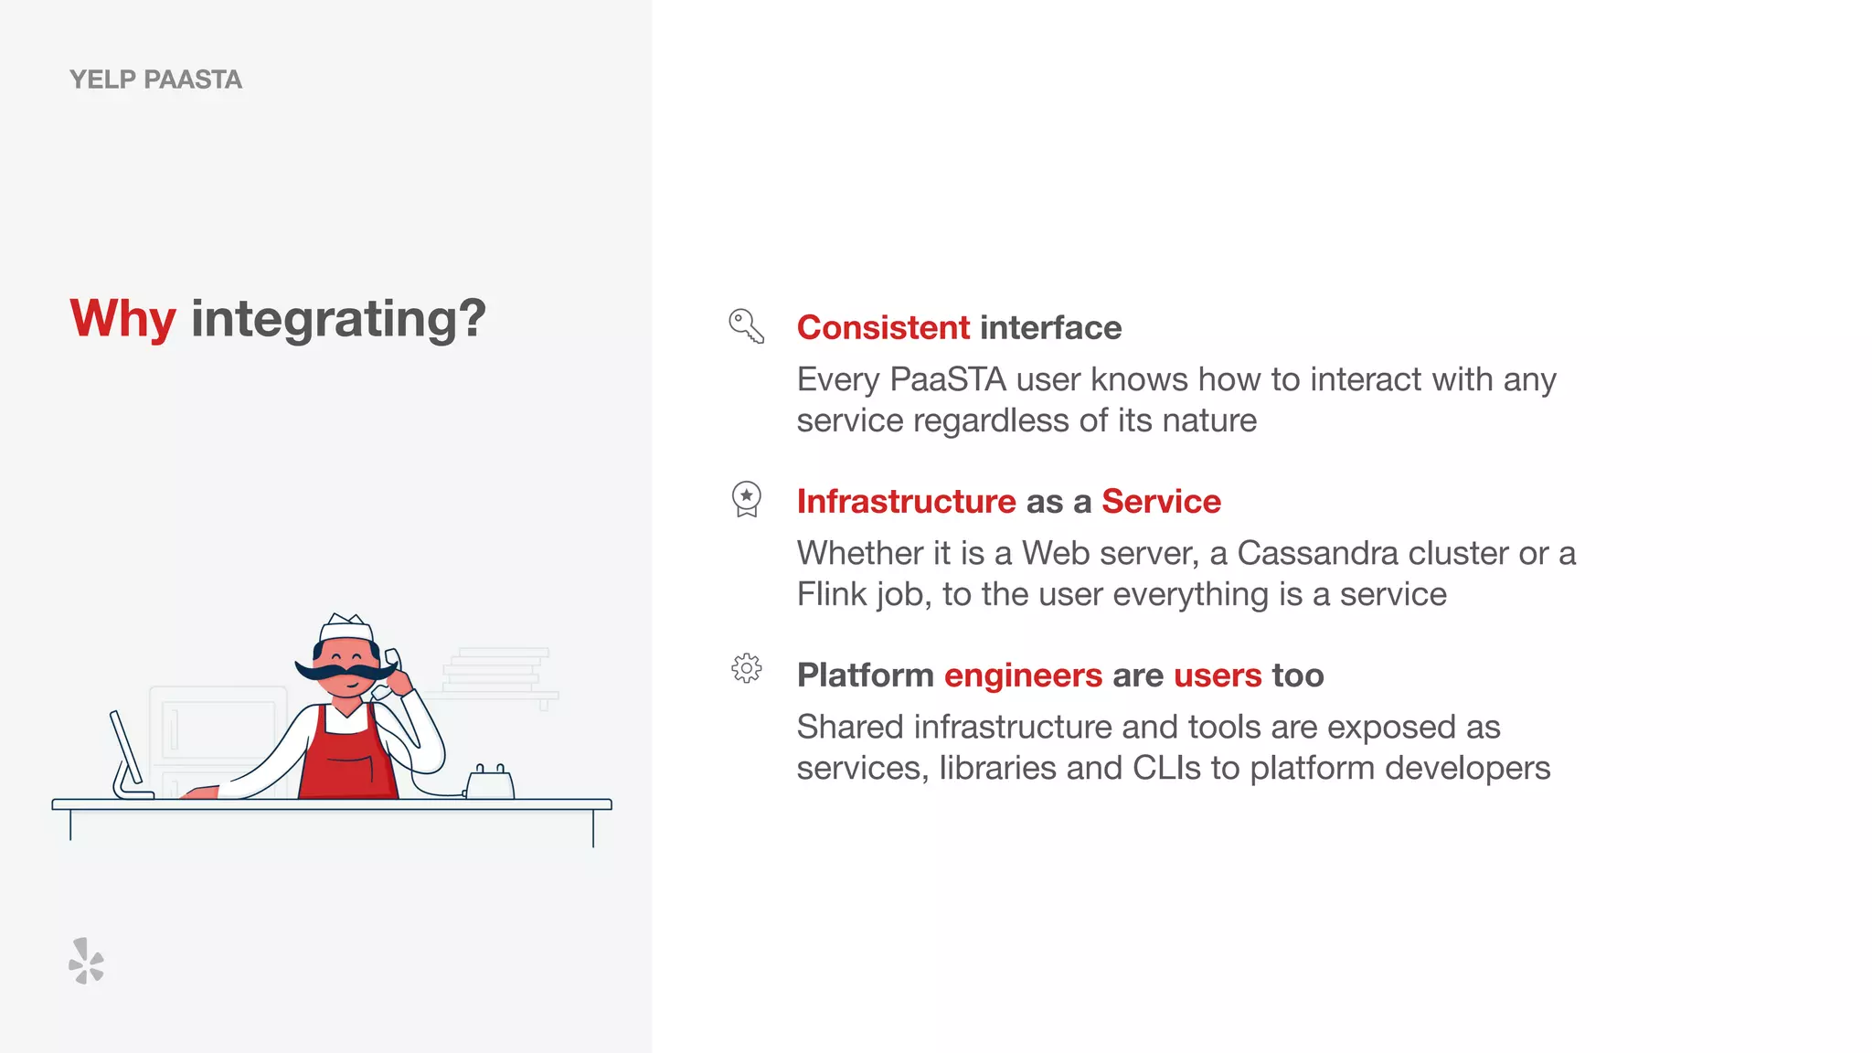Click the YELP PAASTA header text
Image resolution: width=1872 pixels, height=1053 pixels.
tap(155, 80)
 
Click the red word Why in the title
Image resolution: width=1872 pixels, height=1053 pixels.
tap(122, 319)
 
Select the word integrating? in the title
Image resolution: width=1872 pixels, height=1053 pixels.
tap(338, 319)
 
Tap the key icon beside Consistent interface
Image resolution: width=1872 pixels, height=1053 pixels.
tap(746, 326)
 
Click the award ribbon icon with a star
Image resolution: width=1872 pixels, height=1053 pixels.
tap(747, 499)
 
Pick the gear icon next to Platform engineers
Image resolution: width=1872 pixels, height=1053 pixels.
tap(747, 668)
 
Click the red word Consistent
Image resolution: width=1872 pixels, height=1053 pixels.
tap(883, 327)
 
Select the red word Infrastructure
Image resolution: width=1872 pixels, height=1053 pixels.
tap(906, 501)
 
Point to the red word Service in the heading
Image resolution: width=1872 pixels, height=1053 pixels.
tap(1161, 501)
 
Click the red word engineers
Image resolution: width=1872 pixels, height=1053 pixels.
tap(1023, 675)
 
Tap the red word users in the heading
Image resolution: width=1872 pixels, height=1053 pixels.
tap(1218, 675)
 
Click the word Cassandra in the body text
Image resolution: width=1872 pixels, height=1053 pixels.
tap(1317, 553)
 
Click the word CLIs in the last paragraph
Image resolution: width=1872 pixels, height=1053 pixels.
tap(1166, 768)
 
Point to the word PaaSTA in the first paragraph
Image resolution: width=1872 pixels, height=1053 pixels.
tap(948, 379)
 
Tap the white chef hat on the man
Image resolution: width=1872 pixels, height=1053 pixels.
tap(346, 628)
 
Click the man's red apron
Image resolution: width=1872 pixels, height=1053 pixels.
tap(348, 759)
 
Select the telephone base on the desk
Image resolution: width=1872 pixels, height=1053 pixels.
tap(490, 784)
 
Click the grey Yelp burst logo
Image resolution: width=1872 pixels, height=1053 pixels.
tap(87, 961)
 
